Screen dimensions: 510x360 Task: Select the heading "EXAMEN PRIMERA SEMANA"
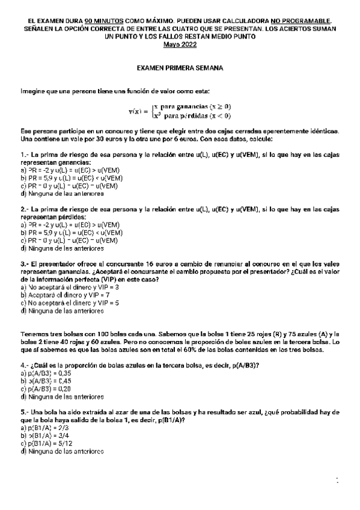180,69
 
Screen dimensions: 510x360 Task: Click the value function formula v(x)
180,111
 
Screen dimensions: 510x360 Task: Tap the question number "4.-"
25,366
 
